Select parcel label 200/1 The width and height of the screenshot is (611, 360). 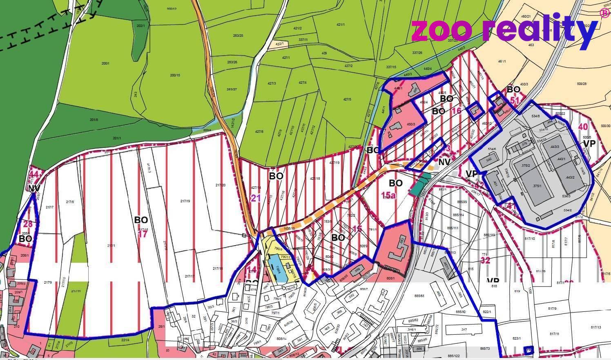[105, 63]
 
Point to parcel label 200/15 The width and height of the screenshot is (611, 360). [175, 75]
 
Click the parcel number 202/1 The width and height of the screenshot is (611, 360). [140, 26]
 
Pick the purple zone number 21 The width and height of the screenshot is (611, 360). [256, 199]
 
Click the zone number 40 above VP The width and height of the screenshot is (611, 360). [583, 127]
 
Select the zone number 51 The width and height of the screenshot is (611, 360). [515, 100]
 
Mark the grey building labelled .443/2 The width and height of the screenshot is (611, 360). [569, 177]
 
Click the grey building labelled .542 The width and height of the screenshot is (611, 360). [488, 161]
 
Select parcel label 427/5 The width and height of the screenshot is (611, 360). [347, 99]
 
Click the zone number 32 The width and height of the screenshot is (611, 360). [485, 260]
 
